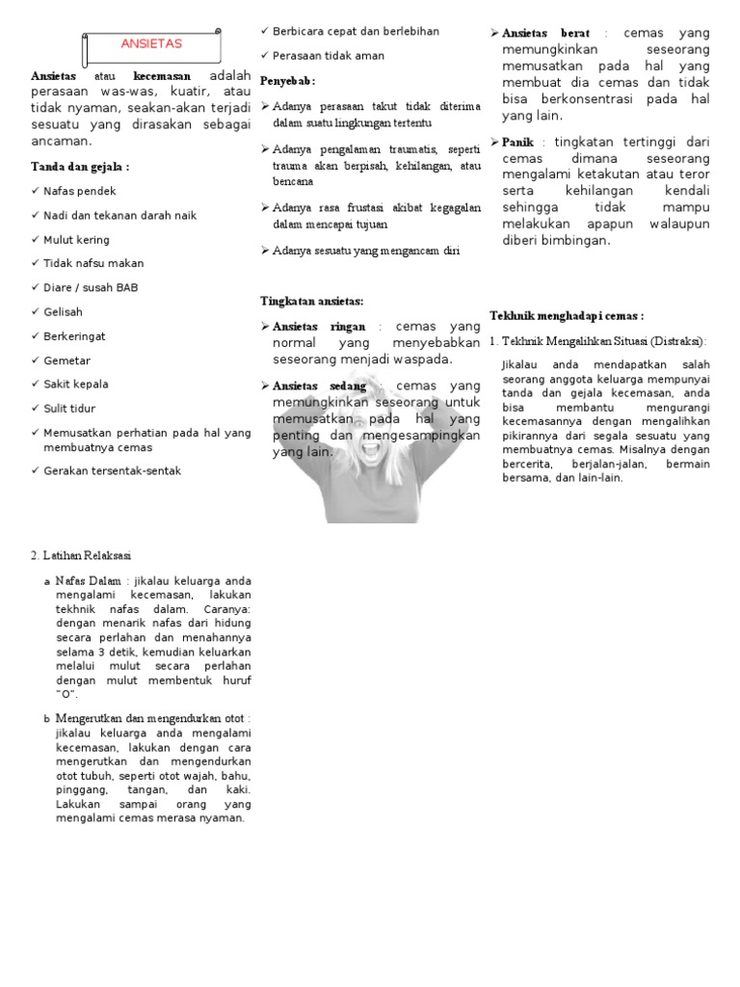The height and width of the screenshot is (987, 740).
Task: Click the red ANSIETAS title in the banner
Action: (150, 44)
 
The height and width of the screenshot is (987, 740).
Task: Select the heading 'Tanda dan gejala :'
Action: (80, 167)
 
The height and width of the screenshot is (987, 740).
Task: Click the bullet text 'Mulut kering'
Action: (77, 239)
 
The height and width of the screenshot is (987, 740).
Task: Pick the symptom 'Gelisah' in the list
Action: (64, 311)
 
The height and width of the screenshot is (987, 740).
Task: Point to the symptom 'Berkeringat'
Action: (75, 335)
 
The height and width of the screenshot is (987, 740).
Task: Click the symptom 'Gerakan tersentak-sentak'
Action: (112, 470)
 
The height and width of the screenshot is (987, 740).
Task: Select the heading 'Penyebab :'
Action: (288, 80)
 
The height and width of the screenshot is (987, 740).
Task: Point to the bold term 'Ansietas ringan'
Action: (320, 327)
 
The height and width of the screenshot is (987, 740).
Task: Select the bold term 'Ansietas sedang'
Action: (321, 386)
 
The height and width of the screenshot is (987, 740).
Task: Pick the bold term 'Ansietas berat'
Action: (546, 33)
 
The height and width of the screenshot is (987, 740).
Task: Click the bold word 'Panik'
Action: (518, 142)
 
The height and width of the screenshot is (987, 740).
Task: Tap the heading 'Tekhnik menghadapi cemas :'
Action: (567, 315)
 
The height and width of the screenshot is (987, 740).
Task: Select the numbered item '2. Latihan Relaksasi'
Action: (82, 556)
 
